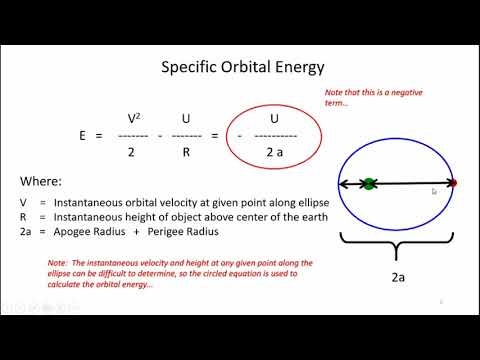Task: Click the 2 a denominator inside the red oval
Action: pyautogui.click(x=273, y=151)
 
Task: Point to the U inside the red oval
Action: pyautogui.click(x=273, y=118)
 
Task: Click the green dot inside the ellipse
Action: pyautogui.click(x=369, y=183)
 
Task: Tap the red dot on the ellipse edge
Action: pyautogui.click(x=453, y=183)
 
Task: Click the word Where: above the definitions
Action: pyautogui.click(x=45, y=182)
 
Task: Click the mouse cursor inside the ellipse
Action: pyautogui.click(x=434, y=190)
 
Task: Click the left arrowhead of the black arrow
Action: pyautogui.click(x=343, y=183)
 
